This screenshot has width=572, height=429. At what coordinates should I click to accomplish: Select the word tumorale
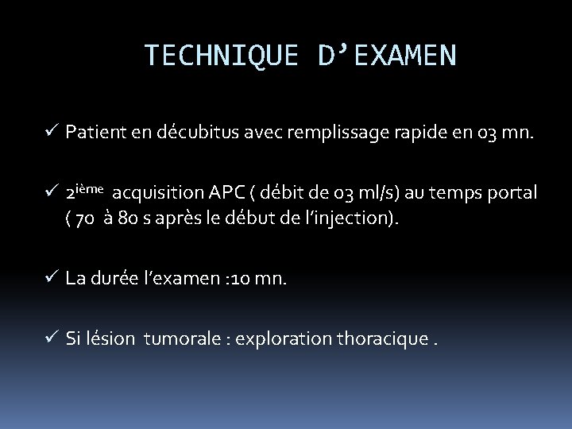178,340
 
